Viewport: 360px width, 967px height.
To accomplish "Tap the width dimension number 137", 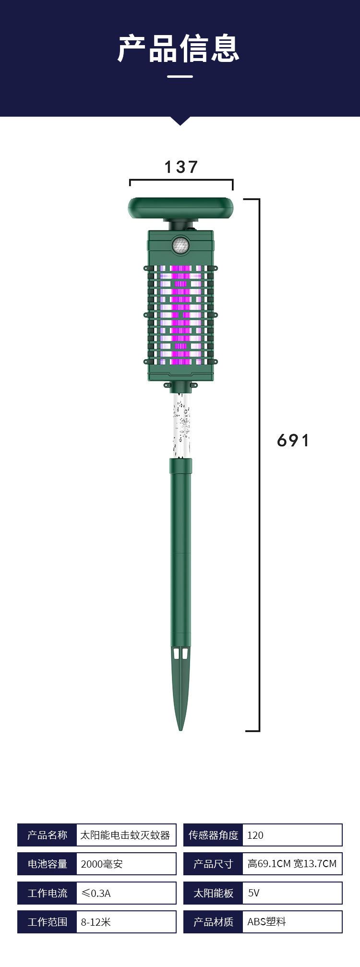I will (181, 167).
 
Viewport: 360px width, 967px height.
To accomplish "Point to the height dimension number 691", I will (293, 440).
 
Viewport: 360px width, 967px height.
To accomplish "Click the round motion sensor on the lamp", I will (180, 245).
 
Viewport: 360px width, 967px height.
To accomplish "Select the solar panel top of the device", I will (180, 208).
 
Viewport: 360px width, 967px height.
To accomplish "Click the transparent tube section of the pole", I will (180, 425).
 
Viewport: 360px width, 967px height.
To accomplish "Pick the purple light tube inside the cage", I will (180, 312).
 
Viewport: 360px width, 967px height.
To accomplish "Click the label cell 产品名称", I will (47, 835).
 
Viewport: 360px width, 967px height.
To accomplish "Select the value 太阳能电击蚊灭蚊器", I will (125, 835).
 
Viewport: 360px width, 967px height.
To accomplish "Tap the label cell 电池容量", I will (47, 864).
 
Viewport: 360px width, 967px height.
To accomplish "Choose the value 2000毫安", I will (102, 864).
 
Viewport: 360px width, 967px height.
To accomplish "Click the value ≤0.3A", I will (96, 893).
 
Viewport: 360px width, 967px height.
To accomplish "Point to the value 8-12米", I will (96, 922).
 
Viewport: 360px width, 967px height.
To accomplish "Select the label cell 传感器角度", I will (213, 835).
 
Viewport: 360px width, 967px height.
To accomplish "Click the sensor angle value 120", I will (255, 835).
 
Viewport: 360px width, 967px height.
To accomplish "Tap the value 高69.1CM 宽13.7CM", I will (292, 864).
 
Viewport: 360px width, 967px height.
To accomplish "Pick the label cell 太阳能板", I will (213, 893).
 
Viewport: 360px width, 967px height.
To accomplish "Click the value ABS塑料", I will (266, 922).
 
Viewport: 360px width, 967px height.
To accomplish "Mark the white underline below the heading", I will (180, 76).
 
